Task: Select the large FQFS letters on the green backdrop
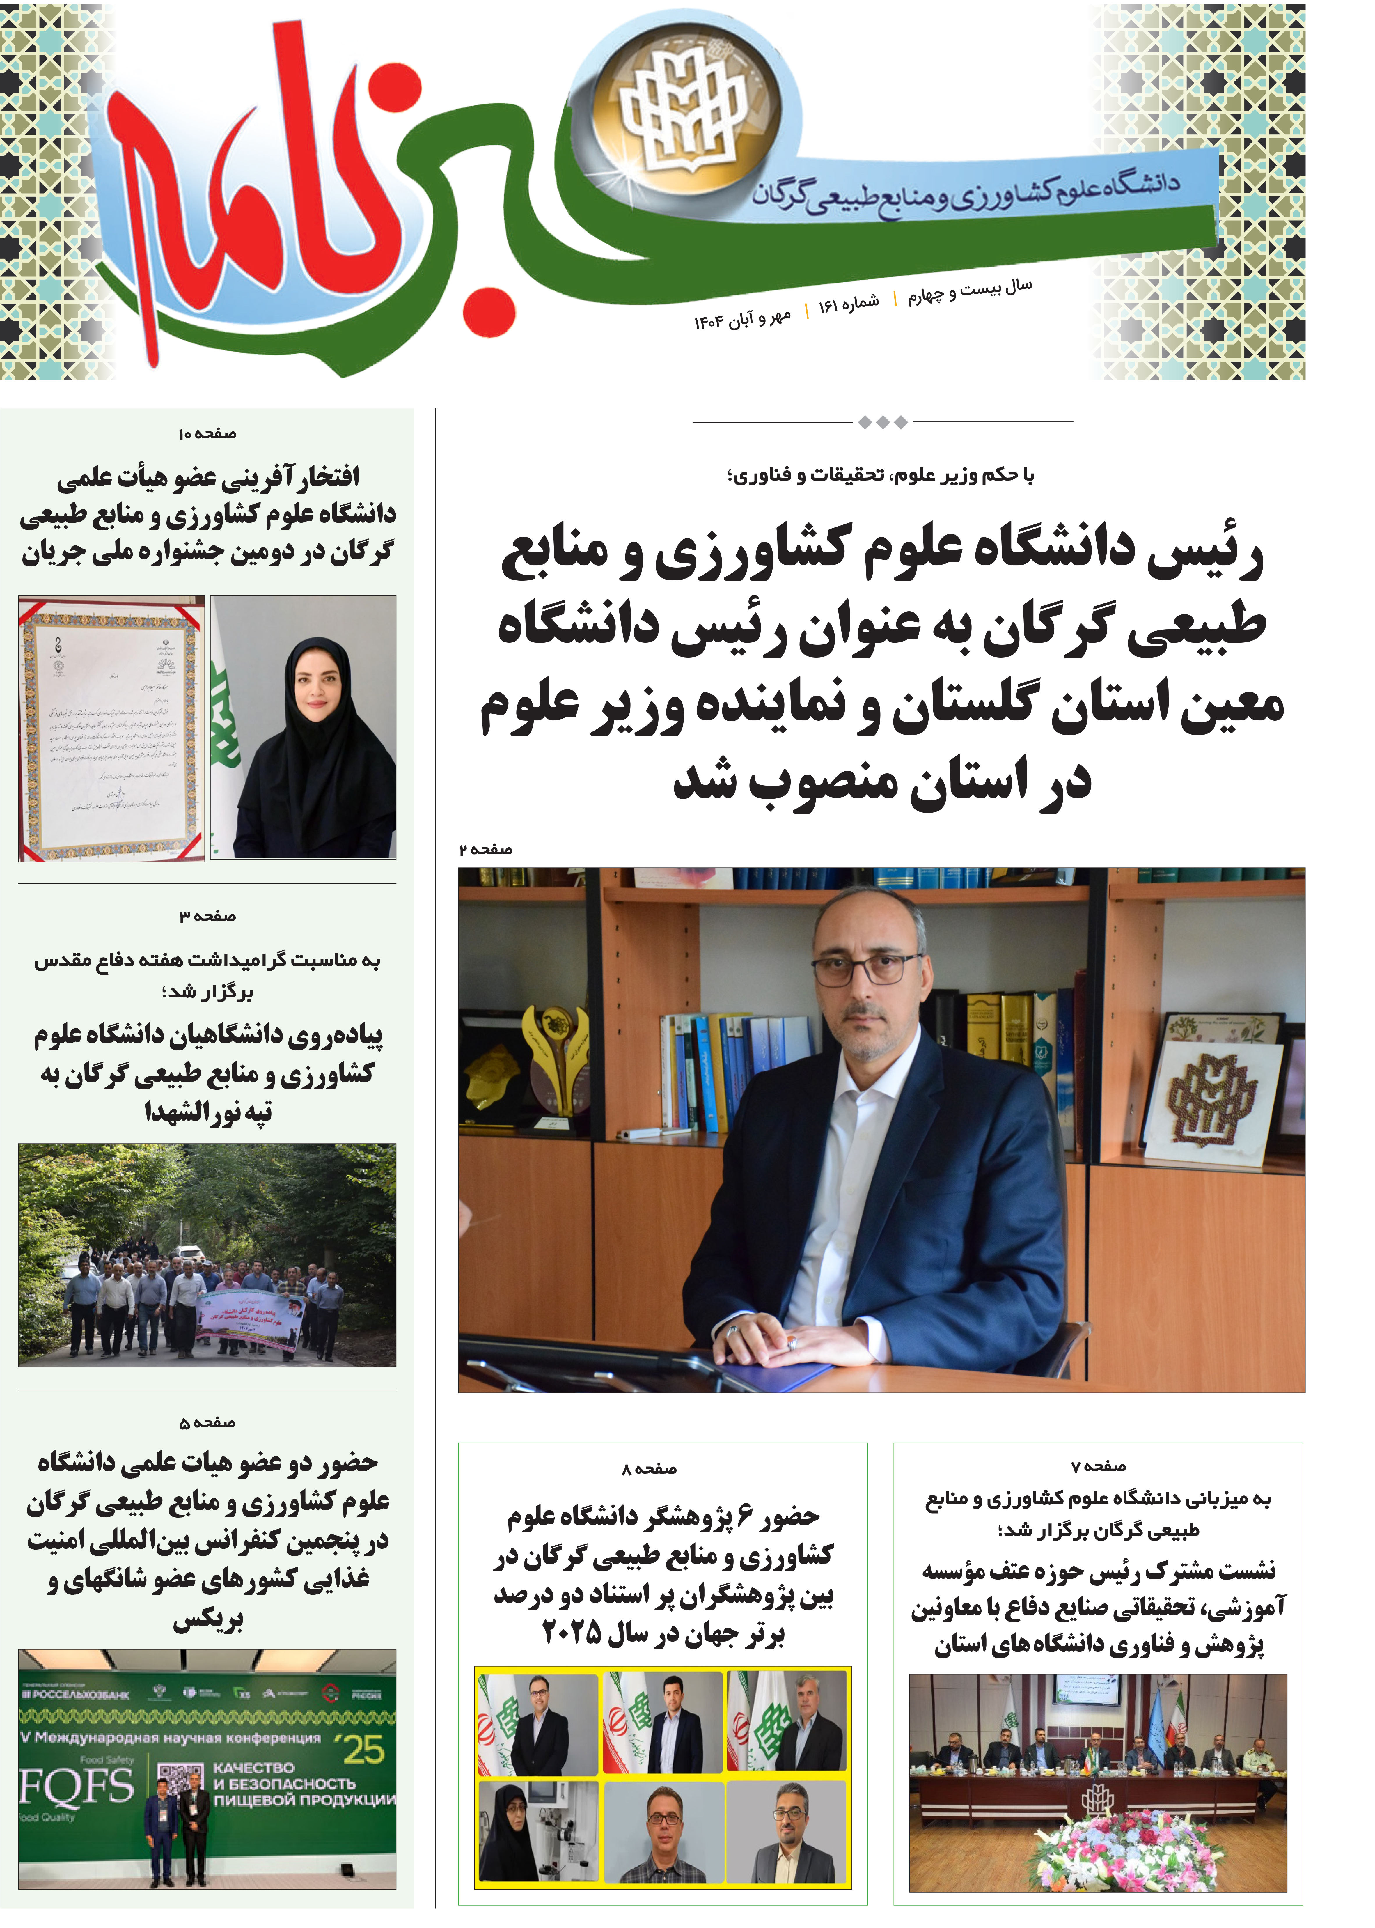coord(76,1786)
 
